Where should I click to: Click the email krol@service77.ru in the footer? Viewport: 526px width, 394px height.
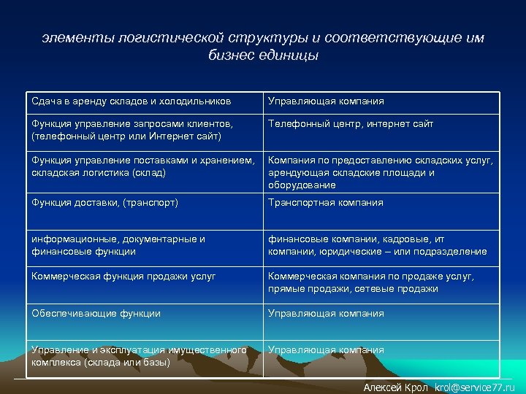[474, 387]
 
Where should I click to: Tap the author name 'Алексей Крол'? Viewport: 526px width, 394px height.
[395, 387]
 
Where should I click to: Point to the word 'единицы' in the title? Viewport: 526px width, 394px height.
[293, 55]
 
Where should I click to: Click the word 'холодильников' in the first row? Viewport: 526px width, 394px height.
[198, 101]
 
